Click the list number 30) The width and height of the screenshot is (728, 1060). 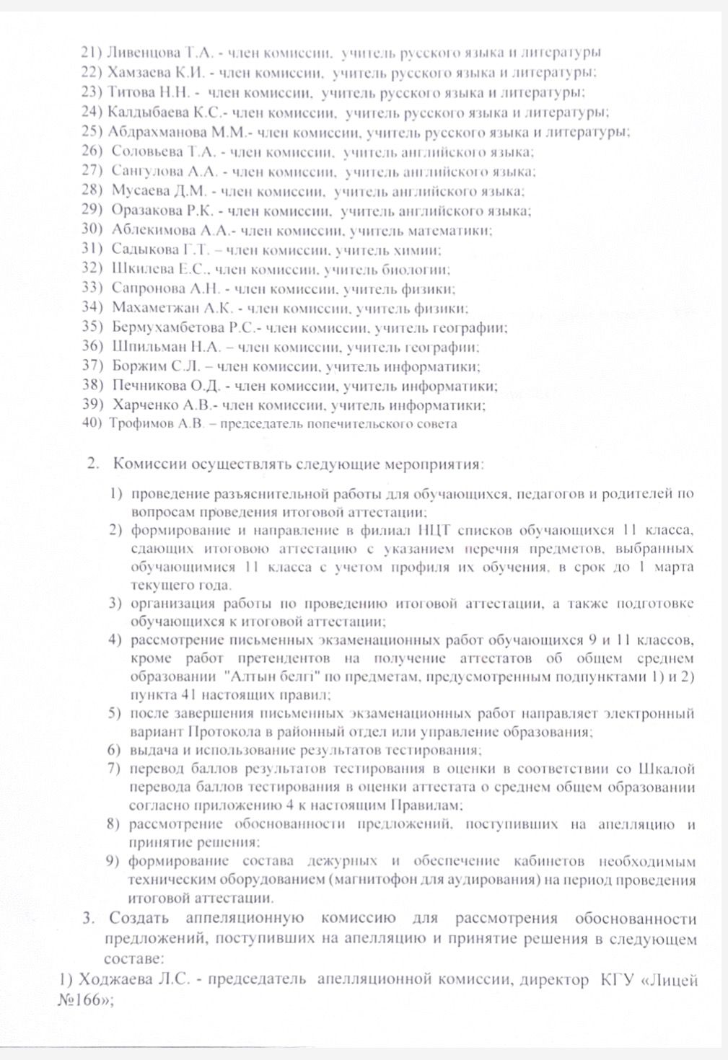pyautogui.click(x=94, y=230)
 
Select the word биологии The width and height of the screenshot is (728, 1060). pyautogui.click(x=425, y=270)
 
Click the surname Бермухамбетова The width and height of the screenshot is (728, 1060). pyautogui.click(x=169, y=327)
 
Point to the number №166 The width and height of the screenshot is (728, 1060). pyautogui.click(x=84, y=1000)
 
